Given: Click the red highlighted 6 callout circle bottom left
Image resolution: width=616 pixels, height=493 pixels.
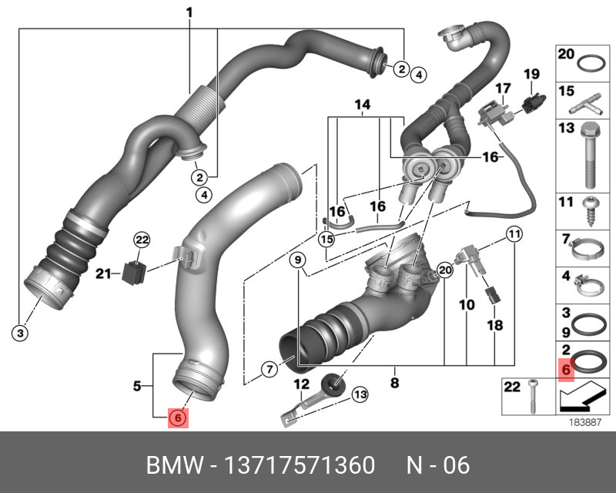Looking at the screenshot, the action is click(176, 418).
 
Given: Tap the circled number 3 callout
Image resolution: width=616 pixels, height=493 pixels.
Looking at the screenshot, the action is click(20, 333).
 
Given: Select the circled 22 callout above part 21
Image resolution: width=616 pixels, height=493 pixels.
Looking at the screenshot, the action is click(140, 240).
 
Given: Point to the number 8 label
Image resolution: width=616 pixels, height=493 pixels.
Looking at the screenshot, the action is click(393, 381).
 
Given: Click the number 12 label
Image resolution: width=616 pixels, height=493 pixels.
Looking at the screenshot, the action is click(302, 384).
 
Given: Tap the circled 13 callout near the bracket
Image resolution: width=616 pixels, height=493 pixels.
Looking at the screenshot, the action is click(360, 395).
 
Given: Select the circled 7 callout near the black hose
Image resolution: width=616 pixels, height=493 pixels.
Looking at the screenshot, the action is click(269, 370).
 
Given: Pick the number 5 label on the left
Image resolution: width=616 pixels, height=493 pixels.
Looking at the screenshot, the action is click(137, 385).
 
